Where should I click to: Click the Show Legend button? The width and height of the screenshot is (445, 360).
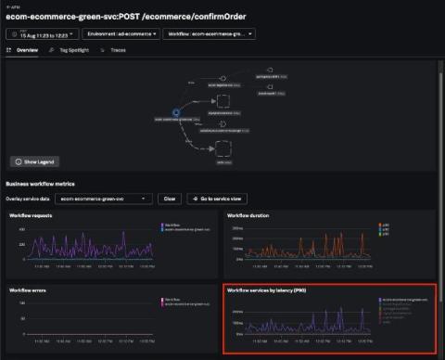click(34, 161)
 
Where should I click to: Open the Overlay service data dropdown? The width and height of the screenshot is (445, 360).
click(103, 199)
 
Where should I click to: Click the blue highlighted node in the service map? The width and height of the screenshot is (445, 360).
click(175, 113)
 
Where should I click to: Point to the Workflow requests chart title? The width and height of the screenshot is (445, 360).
click(32, 215)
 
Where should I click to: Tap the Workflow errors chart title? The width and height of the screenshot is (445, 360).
click(30, 290)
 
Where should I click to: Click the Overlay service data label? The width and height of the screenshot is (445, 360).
click(29, 199)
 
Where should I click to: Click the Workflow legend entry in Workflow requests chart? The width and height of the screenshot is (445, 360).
click(171, 225)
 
